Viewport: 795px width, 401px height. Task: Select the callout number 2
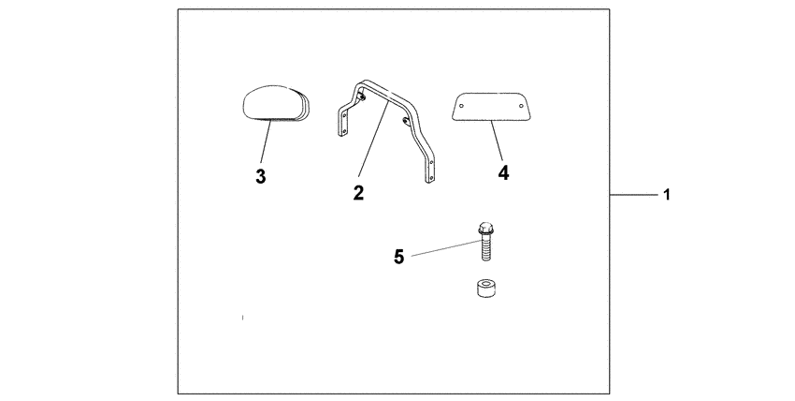coord(358,194)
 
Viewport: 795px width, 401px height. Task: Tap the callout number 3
coord(261,176)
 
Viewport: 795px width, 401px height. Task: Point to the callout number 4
coord(503,173)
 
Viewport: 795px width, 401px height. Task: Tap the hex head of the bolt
coord(484,228)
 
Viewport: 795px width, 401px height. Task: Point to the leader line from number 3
coord(266,144)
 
